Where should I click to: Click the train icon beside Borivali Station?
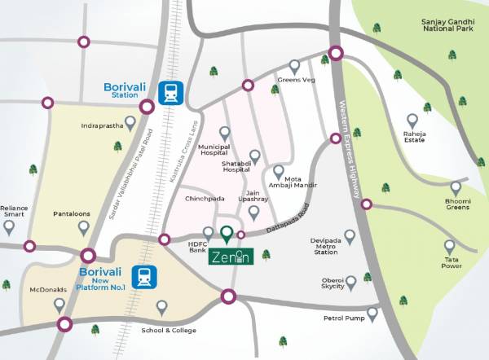(x=171, y=93)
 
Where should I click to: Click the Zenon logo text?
(x=231, y=257)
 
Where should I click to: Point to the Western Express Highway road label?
(x=348, y=147)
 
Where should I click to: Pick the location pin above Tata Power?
(x=449, y=245)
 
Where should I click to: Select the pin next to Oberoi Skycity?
(x=350, y=283)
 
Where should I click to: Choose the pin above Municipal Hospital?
(x=225, y=133)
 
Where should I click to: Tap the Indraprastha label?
(x=102, y=126)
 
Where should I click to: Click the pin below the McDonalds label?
(x=59, y=305)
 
